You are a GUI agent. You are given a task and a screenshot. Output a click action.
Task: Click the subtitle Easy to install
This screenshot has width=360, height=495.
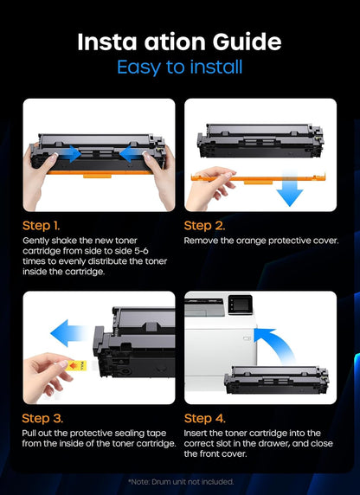tap(179, 67)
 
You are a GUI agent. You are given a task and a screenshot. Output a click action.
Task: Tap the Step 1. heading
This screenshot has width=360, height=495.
tap(43, 225)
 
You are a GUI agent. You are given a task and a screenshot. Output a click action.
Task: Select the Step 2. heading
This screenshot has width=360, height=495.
tap(205, 225)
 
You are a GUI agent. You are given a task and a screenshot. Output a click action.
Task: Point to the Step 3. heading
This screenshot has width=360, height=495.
tap(44, 418)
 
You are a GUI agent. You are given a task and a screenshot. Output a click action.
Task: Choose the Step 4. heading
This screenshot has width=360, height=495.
tap(206, 418)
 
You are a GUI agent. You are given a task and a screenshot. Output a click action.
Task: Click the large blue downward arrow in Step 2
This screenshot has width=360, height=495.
tap(290, 192)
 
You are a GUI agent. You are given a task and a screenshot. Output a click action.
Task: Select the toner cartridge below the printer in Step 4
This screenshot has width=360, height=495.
tap(276, 378)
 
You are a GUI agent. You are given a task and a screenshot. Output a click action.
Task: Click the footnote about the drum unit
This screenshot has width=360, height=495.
tap(179, 481)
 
